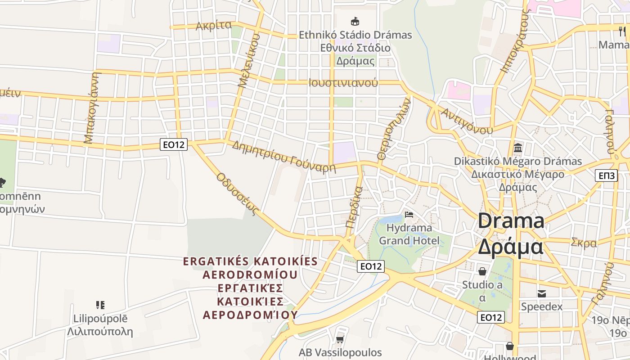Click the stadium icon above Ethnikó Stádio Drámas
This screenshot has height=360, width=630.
pos(355,21)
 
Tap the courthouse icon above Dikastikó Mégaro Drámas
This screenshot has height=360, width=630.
pos(517,148)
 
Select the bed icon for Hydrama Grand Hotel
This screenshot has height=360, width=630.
pos(409,215)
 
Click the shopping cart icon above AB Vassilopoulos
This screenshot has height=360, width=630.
pos(340,339)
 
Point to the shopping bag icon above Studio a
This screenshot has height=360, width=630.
pos(482,271)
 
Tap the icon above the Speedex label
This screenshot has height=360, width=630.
pos(542,293)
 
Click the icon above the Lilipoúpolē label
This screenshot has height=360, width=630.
pos(100,305)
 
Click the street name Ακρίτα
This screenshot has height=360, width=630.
pos(214,26)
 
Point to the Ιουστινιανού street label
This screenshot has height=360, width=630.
pos(343,83)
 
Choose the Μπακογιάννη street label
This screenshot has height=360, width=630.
pos(91,108)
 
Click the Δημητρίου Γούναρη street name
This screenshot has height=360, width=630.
pos(284,157)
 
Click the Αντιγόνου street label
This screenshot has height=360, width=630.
pos(466,121)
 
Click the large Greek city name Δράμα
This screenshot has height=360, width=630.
pos(510,247)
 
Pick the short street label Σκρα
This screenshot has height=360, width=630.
pos(584,243)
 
